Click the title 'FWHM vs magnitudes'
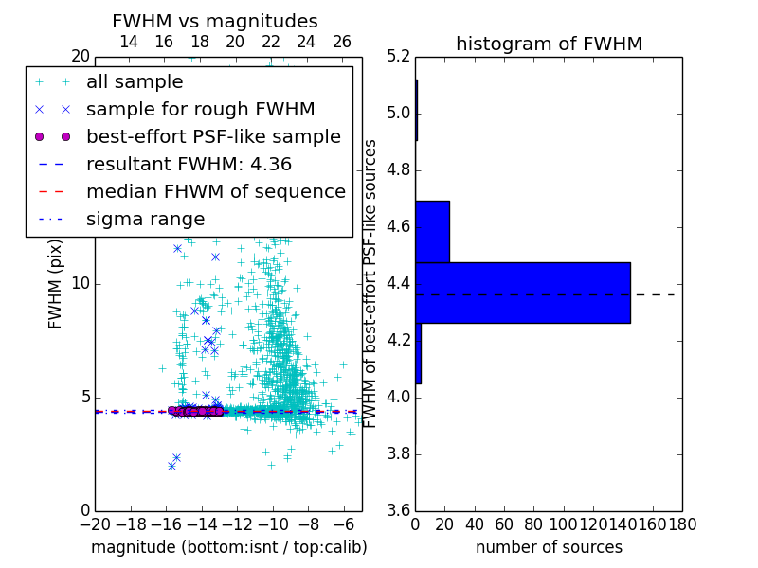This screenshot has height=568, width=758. (214, 21)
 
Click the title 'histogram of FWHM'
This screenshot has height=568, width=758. (549, 44)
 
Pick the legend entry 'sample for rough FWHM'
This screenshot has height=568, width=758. (200, 110)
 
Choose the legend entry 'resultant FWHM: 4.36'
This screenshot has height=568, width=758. (189, 165)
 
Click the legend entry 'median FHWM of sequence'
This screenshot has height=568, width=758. (215, 192)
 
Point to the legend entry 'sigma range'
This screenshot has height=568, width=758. (145, 220)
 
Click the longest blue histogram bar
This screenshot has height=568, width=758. (523, 293)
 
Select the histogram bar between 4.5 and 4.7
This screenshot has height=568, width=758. (432, 231)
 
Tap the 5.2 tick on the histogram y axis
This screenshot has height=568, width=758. (398, 57)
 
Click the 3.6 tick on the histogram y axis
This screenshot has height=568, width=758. (398, 510)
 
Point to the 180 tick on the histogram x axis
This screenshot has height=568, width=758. (682, 524)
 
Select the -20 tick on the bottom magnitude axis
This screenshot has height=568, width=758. (95, 524)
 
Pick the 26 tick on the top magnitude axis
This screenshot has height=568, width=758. (342, 42)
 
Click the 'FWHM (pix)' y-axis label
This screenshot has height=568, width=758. (56, 283)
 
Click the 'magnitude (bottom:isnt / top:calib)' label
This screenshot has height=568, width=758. (228, 547)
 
